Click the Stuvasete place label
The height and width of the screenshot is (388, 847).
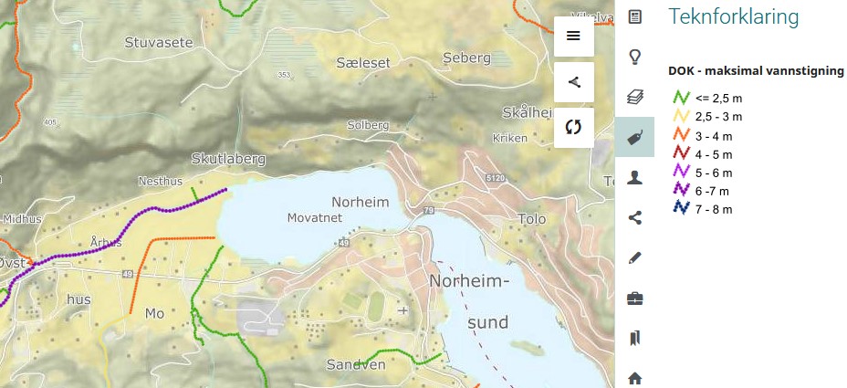pos(158,41)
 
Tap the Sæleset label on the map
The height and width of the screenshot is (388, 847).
pos(362,62)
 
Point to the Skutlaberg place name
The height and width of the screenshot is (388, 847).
pos(228,158)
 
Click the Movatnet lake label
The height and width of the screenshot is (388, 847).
pos(314,217)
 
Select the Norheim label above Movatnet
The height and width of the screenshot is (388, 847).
pos(361,202)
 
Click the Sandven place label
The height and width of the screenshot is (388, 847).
pos(356,365)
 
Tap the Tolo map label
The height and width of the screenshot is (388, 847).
pos(531,219)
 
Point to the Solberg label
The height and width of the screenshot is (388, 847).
pos(368,124)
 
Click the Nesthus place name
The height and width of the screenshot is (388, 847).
pos(161,181)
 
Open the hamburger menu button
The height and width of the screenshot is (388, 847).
pos(573,36)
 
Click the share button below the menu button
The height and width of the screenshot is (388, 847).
pos(573,81)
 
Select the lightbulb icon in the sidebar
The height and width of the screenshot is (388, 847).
pos(635,57)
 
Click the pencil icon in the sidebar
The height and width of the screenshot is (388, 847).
pos(635,257)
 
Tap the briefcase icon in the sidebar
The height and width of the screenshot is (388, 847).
pos(635,298)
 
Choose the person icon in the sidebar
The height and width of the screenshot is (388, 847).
pos(635,177)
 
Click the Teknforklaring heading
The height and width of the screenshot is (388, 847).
pos(734,16)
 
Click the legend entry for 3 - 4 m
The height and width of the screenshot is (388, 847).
pos(713,135)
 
